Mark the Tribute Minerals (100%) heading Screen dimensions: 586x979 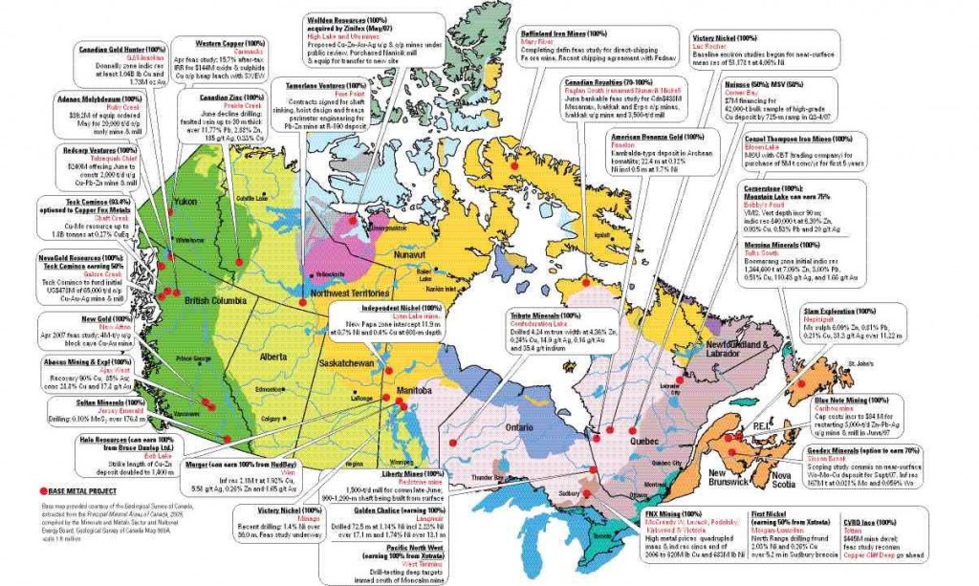544,315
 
